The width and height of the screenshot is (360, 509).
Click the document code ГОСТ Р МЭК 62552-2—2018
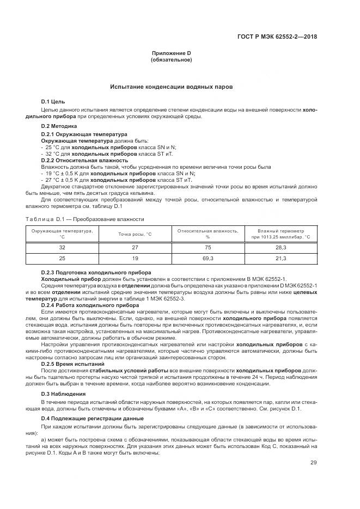(x=277, y=37)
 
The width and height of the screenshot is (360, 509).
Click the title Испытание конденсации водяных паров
(x=172, y=87)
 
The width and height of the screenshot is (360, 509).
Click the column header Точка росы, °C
(x=135, y=234)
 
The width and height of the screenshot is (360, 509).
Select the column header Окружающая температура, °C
(x=62, y=234)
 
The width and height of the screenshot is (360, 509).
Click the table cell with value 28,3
(x=280, y=247)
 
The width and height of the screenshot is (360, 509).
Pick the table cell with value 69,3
(x=208, y=259)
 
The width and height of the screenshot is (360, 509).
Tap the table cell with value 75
(x=208, y=247)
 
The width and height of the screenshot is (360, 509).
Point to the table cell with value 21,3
(x=280, y=259)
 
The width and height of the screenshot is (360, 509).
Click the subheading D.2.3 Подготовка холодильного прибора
(x=96, y=272)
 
